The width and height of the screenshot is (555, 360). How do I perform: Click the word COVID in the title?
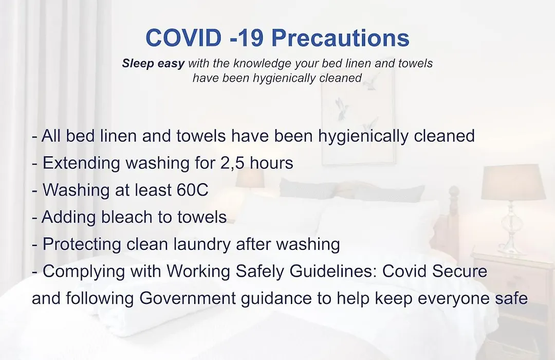coord(183,38)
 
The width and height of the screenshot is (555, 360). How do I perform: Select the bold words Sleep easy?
coord(153,64)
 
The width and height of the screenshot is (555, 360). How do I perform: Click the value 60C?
coord(192,190)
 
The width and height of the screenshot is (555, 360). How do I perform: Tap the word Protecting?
coord(82,244)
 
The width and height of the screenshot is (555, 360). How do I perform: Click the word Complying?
coord(84,272)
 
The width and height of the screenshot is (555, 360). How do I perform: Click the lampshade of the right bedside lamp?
coord(513,182)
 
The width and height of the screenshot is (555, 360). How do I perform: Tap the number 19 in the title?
coord(251,38)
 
